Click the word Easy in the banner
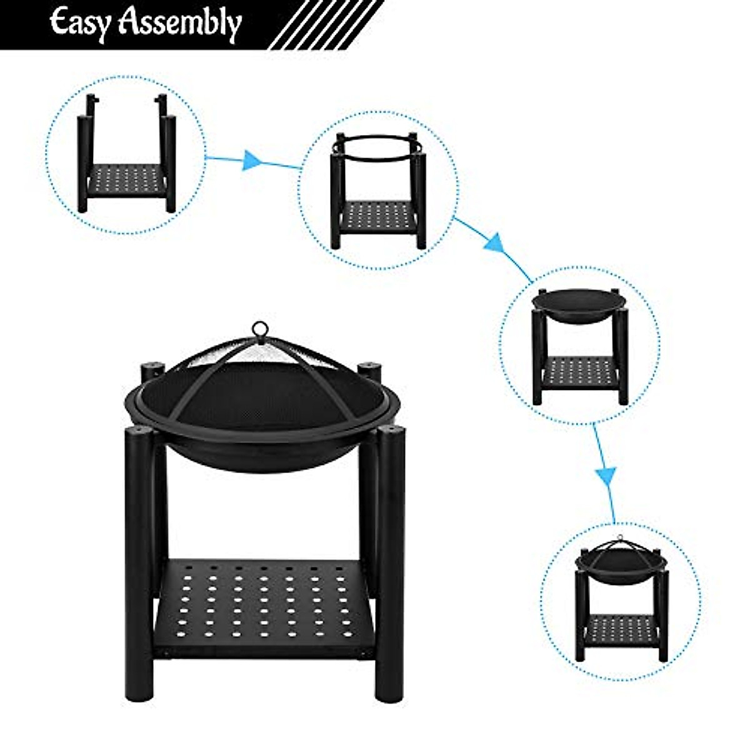click(x=81, y=23)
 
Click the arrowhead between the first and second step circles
click(x=251, y=160)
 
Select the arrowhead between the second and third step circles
click(x=493, y=242)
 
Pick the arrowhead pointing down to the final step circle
click(x=605, y=476)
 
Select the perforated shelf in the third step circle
click(x=579, y=373)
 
